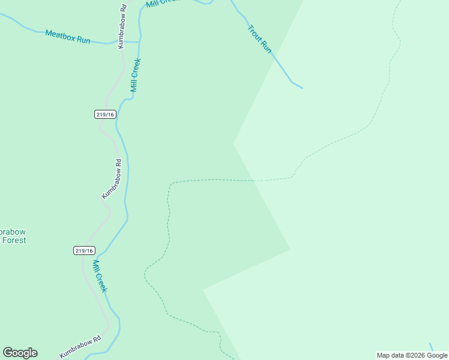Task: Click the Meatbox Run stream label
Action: point(67,37)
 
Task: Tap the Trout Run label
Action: point(260,38)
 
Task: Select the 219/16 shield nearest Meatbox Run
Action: point(104,114)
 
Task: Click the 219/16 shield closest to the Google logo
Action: point(84,250)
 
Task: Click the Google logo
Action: point(20,353)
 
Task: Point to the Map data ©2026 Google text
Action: point(412,355)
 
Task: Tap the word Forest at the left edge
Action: point(13,240)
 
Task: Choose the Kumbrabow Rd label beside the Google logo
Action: point(80,347)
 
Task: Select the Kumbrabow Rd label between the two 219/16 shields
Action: point(112,178)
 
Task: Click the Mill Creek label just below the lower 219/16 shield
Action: point(100,275)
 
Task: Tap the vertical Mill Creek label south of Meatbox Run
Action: point(136,75)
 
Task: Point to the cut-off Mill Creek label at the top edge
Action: point(163,3)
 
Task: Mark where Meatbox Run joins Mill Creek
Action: point(140,42)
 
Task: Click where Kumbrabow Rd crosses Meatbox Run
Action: point(118,43)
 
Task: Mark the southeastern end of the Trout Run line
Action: point(302,88)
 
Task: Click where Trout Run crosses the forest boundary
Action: point(274,56)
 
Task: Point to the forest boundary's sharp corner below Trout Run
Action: point(234,143)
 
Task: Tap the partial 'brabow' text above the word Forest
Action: point(13,232)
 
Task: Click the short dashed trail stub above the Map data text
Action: point(431,347)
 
